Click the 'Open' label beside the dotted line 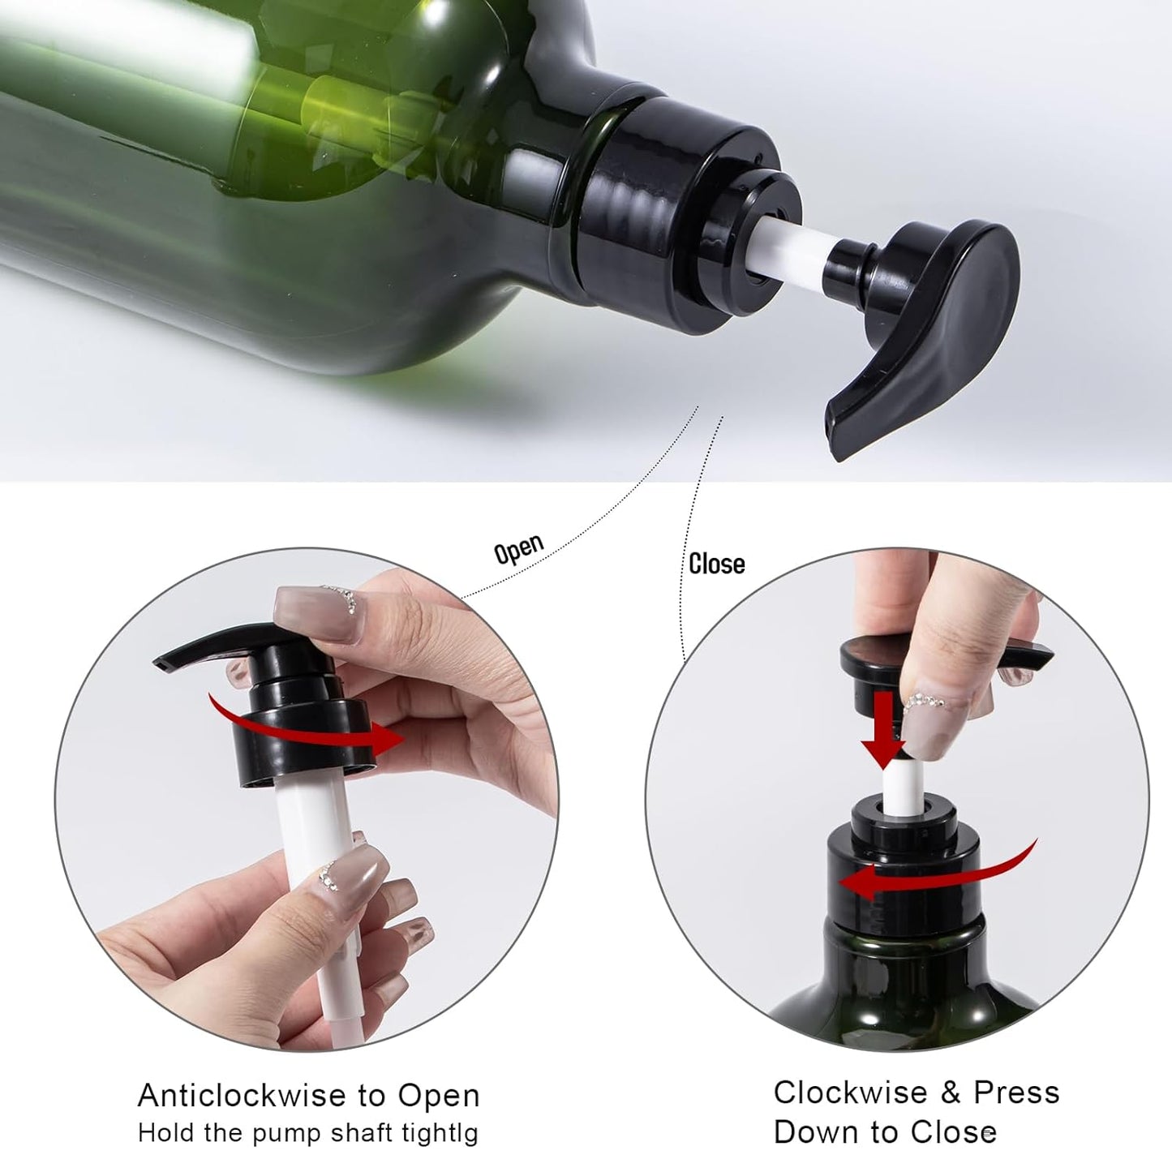(518, 549)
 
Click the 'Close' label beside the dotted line (716, 564)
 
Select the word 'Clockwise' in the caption (850, 1093)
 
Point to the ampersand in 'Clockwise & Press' (951, 1093)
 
